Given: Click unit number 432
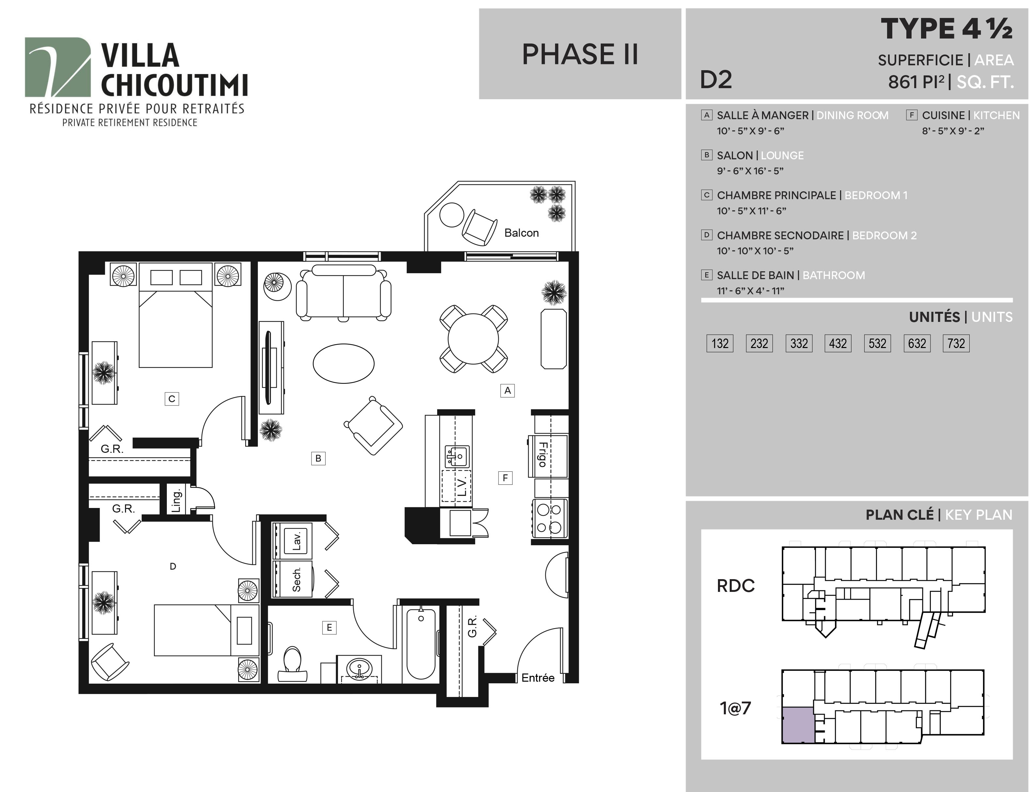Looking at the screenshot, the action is point(838,343).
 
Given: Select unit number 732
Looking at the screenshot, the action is point(956,343).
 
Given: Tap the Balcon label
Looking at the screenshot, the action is point(521,233).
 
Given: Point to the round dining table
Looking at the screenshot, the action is point(473,339).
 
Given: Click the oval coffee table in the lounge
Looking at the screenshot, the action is point(344,363).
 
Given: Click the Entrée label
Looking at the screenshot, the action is point(538,678).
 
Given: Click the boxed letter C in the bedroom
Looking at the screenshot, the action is point(172,399).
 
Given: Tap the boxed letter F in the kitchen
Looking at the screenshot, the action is point(505,478).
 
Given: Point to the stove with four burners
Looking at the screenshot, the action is point(550,518).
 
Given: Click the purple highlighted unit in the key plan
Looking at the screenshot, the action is point(798,725).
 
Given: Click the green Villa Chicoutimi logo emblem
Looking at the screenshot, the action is point(57,67).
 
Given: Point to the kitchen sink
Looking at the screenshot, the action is point(456,456).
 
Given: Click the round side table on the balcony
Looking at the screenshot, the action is point(452,215).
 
